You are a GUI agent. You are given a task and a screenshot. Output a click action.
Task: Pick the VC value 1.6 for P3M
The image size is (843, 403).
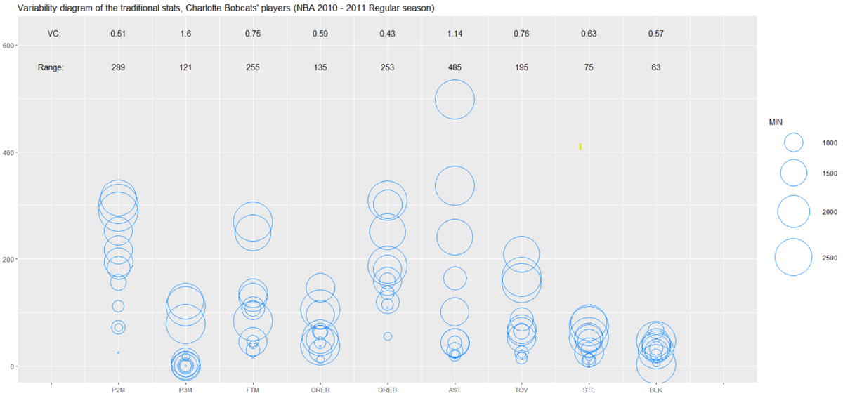pyautogui.click(x=185, y=34)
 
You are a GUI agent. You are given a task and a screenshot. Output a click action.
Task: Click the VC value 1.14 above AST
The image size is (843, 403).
pyautogui.click(x=455, y=34)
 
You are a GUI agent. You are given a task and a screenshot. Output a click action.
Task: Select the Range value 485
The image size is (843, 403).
pyautogui.click(x=455, y=67)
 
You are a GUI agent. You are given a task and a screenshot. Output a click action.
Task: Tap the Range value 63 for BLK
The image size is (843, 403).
pyautogui.click(x=656, y=67)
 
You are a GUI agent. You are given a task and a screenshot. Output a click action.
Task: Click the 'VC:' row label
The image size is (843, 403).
pyautogui.click(x=55, y=34)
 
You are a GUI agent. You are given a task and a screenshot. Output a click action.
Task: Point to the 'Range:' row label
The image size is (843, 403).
pyautogui.click(x=51, y=67)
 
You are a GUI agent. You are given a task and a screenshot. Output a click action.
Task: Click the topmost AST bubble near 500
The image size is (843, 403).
pyautogui.click(x=455, y=99)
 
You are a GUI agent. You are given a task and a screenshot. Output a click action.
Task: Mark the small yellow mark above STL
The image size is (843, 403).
pyautogui.click(x=580, y=146)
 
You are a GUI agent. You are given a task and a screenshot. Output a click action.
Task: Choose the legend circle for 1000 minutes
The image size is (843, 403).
pyautogui.click(x=794, y=143)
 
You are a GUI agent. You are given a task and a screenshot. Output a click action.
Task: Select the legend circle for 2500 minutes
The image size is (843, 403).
pyautogui.click(x=794, y=258)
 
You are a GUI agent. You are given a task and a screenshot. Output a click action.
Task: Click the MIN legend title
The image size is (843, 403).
pyautogui.click(x=776, y=122)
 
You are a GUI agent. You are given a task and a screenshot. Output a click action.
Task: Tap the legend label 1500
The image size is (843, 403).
pyautogui.click(x=830, y=173)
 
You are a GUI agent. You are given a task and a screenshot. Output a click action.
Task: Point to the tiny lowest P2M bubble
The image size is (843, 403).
pyautogui.click(x=118, y=352)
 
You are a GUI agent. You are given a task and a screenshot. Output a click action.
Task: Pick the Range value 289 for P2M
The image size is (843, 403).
pyautogui.click(x=118, y=67)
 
